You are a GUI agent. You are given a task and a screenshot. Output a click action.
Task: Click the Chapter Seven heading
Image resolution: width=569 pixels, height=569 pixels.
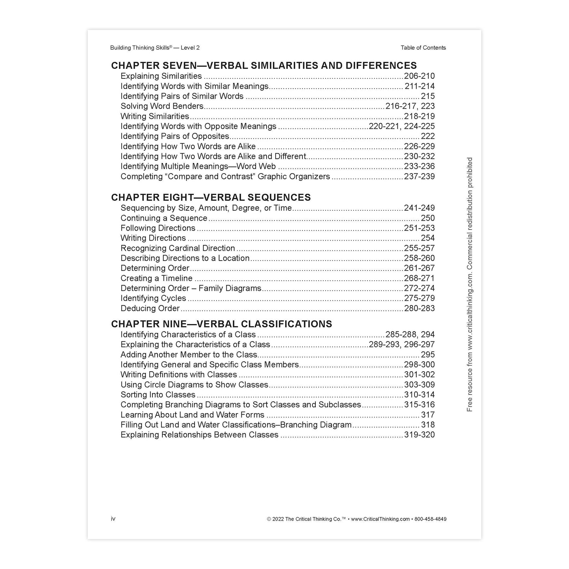(264, 65)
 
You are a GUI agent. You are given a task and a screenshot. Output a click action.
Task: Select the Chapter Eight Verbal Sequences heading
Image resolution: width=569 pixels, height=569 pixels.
(211, 197)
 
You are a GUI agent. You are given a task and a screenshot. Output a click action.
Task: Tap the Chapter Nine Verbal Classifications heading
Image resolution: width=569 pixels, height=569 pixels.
(221, 324)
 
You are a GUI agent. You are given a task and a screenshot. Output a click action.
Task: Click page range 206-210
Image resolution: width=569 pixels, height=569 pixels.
(419, 76)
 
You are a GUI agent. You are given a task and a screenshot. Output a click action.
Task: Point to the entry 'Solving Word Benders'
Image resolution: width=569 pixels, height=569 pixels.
(162, 106)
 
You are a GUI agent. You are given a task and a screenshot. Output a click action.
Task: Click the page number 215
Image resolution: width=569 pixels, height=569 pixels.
(428, 96)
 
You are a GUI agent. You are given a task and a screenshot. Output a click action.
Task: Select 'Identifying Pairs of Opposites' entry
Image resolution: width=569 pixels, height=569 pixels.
(175, 136)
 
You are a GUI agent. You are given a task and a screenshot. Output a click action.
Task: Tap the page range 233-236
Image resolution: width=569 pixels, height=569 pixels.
(419, 167)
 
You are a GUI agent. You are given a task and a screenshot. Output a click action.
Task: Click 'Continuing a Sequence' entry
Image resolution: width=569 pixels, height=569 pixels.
(164, 218)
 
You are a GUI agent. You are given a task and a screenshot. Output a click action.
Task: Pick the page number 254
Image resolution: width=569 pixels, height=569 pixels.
(428, 238)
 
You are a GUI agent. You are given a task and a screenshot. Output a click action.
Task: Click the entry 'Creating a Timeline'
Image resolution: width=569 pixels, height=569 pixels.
(156, 278)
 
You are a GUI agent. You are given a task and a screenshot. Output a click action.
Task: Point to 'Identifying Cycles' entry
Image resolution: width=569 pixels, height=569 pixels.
(153, 298)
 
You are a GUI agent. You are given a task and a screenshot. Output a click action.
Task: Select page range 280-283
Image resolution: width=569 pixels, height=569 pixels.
(419, 308)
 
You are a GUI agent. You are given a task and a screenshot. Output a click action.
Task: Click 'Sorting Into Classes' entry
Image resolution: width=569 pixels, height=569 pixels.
(158, 395)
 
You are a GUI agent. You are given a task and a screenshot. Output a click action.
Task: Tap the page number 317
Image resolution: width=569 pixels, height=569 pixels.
(428, 415)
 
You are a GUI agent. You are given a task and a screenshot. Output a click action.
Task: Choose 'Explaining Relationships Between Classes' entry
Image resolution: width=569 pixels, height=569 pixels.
(199, 435)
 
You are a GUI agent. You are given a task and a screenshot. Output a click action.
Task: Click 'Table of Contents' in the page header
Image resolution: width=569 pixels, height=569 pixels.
(423, 48)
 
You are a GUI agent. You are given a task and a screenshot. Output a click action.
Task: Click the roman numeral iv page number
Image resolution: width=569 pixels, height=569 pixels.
(113, 519)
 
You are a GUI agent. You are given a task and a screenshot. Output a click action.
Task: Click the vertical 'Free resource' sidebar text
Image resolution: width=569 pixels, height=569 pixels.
(469, 285)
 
